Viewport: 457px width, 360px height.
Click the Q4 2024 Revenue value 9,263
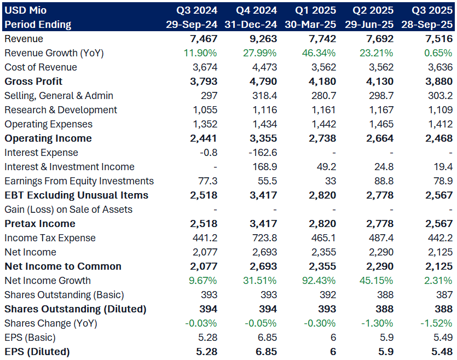[263, 39]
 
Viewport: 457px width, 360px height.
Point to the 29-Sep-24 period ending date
[192, 25]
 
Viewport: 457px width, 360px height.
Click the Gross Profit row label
[33, 82]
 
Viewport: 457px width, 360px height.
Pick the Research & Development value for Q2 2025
[380, 110]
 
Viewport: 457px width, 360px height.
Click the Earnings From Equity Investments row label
[79, 181]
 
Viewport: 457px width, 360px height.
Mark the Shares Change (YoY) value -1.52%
[435, 323]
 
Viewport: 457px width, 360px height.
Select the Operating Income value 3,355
[263, 138]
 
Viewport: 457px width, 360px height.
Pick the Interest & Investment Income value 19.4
[443, 167]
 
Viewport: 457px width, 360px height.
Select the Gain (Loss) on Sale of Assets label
[68, 210]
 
